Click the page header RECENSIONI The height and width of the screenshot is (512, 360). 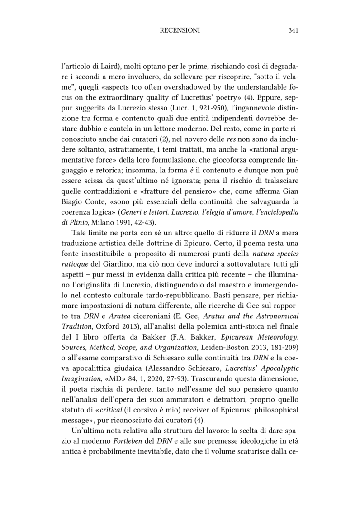pyautogui.click(x=180, y=31)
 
